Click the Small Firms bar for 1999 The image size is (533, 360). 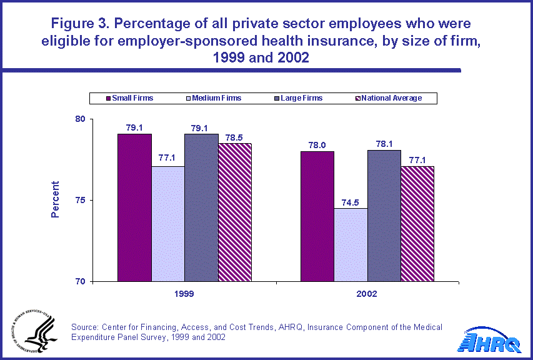[134, 207]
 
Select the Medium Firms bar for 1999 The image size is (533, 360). [167, 224]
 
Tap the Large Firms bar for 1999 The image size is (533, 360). [201, 207]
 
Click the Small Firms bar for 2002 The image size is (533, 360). [317, 216]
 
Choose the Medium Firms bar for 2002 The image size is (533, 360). [351, 244]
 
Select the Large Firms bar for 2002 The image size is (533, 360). [384, 216]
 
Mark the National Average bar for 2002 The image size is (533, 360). [417, 224]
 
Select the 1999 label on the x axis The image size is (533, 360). [184, 292]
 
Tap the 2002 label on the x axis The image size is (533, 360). [367, 292]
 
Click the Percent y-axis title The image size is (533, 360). [56, 199]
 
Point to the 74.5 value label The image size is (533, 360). [351, 202]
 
